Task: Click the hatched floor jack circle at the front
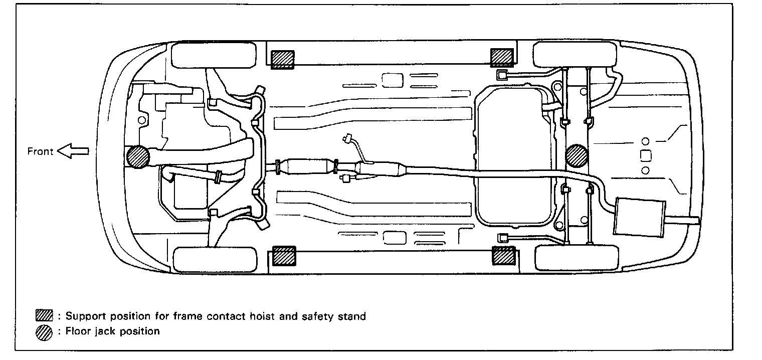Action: pyautogui.click(x=138, y=156)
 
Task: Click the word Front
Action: pyautogui.click(x=40, y=151)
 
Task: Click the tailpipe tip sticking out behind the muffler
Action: pyautogui.click(x=690, y=219)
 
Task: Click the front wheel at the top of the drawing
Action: pyautogui.click(x=214, y=55)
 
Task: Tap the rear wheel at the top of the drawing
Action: pyautogui.click(x=577, y=55)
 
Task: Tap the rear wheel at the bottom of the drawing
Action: pyautogui.click(x=577, y=258)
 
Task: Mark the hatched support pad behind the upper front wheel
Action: pyautogui.click(x=284, y=59)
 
